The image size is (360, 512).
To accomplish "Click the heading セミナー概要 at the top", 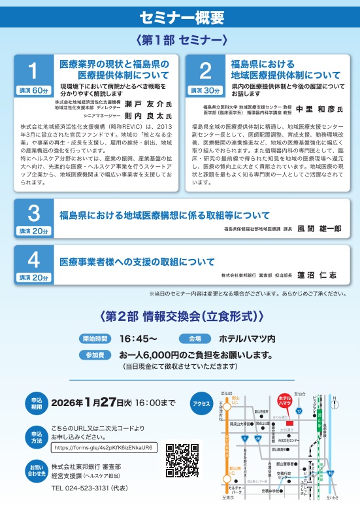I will pos(180,16).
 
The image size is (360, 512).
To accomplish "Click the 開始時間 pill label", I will pos(96,339).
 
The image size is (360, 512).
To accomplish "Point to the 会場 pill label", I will pos(195,339).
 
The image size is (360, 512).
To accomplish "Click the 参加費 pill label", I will pos(96,354).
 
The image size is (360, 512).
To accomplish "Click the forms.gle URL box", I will pos(104,448).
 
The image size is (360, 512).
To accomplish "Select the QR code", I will pos(182,459).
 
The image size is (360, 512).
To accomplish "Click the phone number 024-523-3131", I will pos(82,488).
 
